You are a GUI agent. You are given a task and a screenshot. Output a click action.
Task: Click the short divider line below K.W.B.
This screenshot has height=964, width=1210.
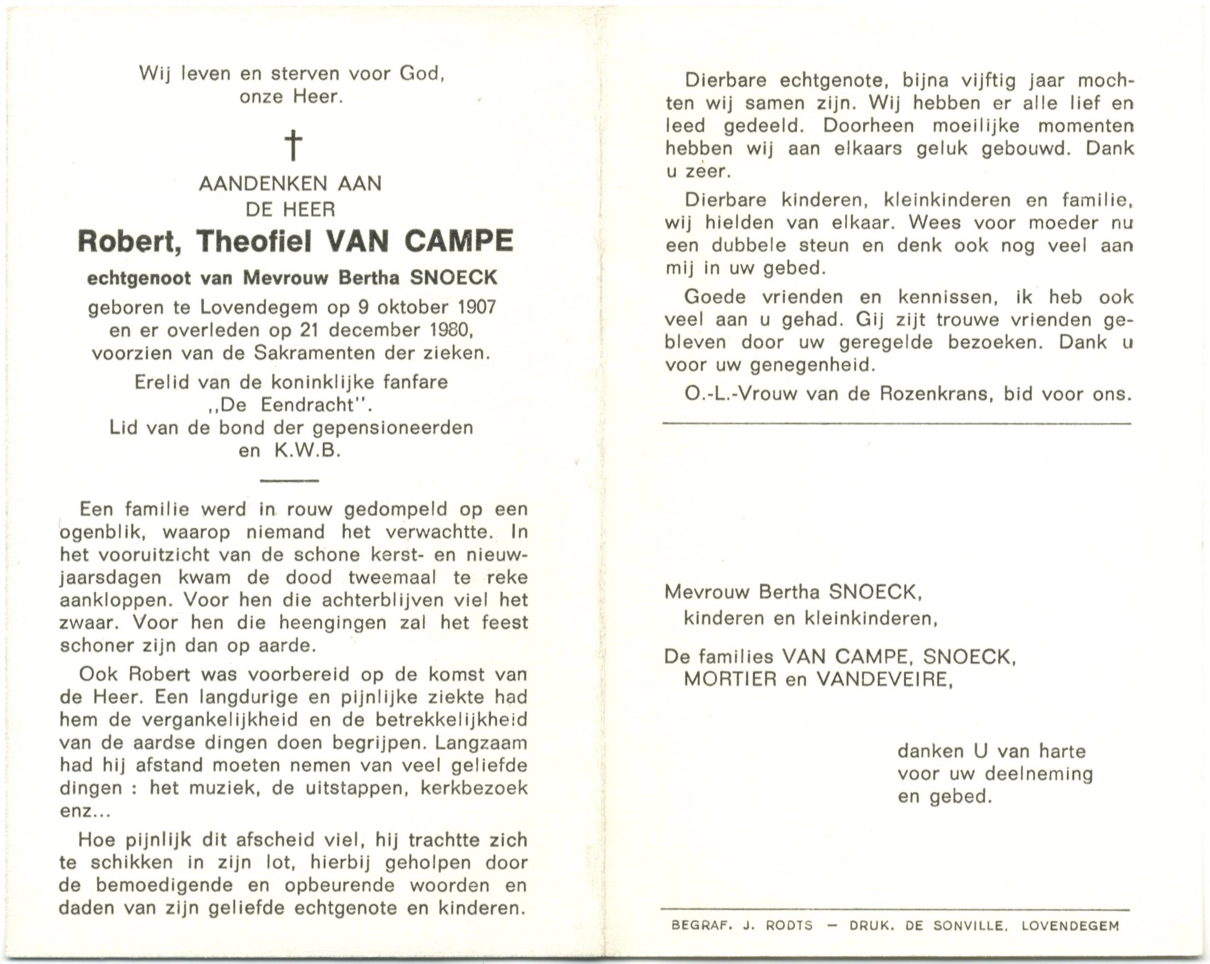click(x=290, y=481)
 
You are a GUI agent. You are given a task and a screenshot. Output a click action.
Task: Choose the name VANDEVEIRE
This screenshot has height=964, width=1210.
click(x=883, y=680)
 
